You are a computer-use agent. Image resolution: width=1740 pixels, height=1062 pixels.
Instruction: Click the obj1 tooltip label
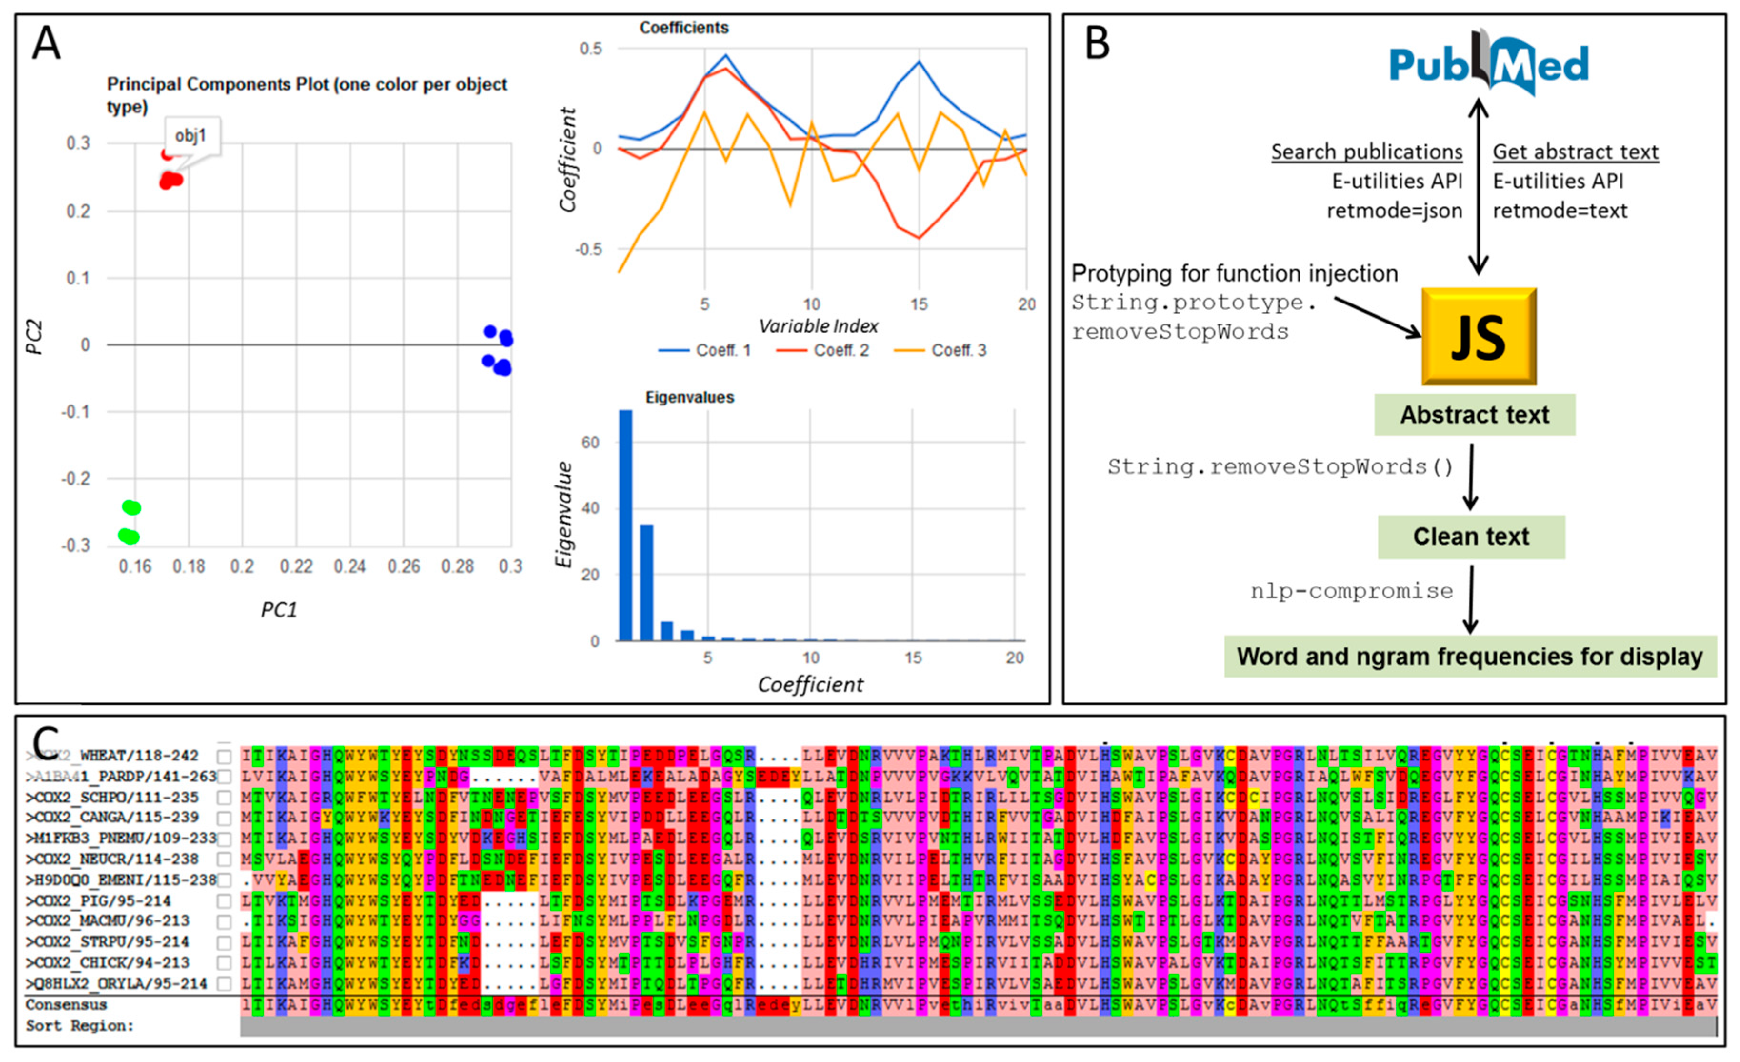(190, 135)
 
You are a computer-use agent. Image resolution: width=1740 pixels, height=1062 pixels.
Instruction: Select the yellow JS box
(1479, 336)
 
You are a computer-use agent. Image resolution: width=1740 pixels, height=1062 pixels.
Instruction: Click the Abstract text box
(1474, 415)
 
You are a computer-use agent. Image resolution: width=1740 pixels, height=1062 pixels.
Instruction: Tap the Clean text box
(1471, 537)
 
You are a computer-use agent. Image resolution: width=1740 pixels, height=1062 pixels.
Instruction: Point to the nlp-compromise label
(1351, 591)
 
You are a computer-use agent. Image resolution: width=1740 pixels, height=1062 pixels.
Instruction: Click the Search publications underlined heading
(1367, 152)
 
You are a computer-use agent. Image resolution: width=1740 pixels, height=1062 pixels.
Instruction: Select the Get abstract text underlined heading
(1575, 152)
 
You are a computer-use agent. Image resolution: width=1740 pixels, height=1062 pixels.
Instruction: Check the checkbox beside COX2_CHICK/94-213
(224, 963)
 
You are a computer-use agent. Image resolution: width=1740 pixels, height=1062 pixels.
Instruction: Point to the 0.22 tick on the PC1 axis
(296, 566)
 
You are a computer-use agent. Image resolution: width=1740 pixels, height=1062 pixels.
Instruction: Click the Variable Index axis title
(819, 326)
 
